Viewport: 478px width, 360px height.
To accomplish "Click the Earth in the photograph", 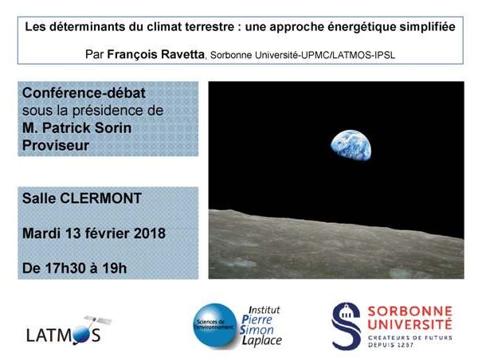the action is coord(351,145).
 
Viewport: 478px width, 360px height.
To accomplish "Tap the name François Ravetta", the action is coord(156,55).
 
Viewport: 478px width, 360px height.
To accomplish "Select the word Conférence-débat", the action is coord(84,93).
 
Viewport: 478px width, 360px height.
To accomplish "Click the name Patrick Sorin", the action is coord(87,128).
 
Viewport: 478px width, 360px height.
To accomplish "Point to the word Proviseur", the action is coord(56,146).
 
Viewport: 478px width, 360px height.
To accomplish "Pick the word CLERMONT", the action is coord(101,198).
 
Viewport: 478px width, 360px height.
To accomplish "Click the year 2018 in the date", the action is coord(150,233).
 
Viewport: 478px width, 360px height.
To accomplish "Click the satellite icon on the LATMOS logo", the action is coord(98,320).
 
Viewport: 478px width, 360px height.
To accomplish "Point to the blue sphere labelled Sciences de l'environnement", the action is coord(215,325).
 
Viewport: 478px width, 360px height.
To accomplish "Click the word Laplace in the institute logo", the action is coord(262,341).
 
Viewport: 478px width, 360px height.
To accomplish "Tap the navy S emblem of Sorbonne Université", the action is coord(346,326).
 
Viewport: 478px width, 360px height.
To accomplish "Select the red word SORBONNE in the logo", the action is coord(410,311).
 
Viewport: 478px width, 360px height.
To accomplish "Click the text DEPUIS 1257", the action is coord(391,345).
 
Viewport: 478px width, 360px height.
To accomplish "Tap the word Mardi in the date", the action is coord(41,233).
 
